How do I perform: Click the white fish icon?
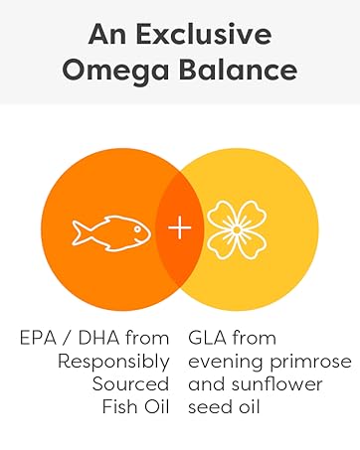(x=109, y=230)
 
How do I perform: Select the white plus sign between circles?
(x=179, y=229)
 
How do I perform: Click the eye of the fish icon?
(x=135, y=227)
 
